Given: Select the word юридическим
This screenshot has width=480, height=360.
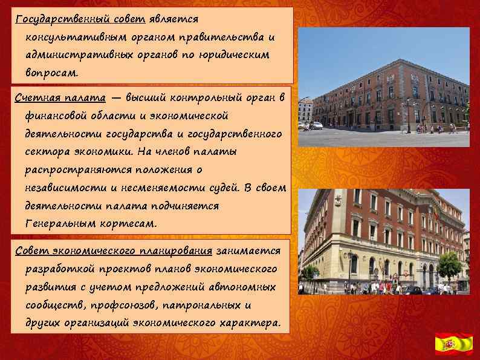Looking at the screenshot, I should (239, 54).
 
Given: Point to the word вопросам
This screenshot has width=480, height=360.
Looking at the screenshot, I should (52, 72).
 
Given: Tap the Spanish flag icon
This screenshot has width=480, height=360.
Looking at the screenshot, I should (454, 343).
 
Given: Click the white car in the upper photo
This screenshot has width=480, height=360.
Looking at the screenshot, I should (315, 125).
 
